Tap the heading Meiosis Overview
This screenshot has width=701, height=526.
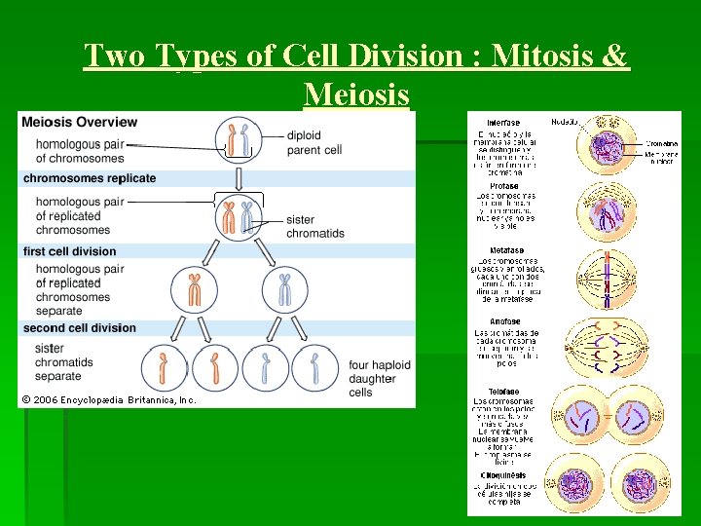(80, 122)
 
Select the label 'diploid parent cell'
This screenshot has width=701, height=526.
(314, 143)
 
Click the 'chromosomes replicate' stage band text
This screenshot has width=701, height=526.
(90, 178)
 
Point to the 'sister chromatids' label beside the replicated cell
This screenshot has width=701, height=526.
(314, 227)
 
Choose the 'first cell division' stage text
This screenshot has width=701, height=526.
(70, 251)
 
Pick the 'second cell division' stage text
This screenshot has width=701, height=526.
(80, 327)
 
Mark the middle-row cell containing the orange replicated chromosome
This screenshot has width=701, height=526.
(195, 289)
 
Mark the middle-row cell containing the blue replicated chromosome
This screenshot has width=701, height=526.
(285, 289)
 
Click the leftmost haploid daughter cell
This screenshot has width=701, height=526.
(164, 368)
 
